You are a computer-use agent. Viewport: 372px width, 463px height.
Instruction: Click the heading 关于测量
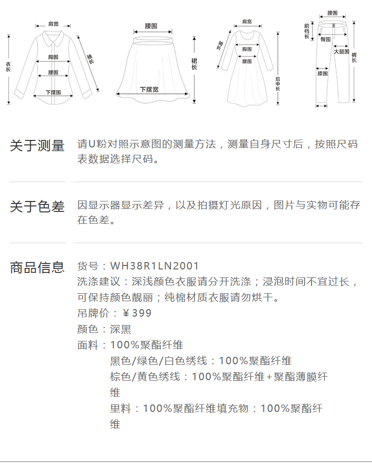pos(37,146)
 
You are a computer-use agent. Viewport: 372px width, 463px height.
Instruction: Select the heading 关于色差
pos(37,207)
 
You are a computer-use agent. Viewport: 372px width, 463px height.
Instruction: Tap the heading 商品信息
pos(37,267)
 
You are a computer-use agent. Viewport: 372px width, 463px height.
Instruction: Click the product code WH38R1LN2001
pos(154,266)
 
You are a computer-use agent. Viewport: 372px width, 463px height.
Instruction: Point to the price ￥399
pos(137,313)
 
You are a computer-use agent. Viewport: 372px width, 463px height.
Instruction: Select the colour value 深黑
pos(121,329)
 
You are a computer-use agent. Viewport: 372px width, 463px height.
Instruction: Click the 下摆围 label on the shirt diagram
pos(53,92)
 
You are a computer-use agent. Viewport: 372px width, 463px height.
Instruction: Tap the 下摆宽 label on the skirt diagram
pos(149,89)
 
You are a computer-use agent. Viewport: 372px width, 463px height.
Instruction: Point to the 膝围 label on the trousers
pos(322,74)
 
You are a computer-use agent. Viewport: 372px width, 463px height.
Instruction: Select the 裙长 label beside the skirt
pos(194,63)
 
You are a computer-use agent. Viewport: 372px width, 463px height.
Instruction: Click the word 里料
pos(121,408)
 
